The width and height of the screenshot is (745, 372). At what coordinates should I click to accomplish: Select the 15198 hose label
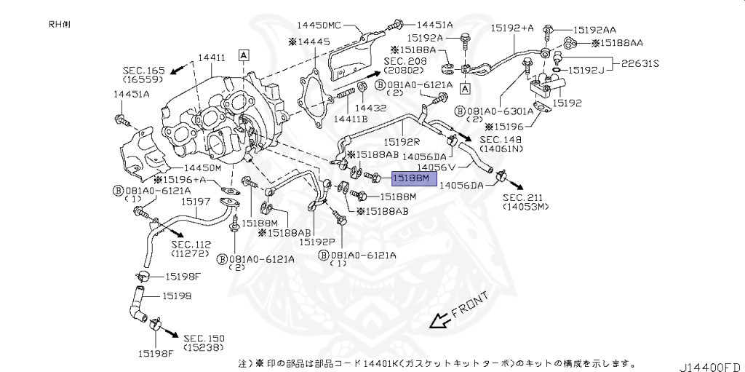(176, 296)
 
